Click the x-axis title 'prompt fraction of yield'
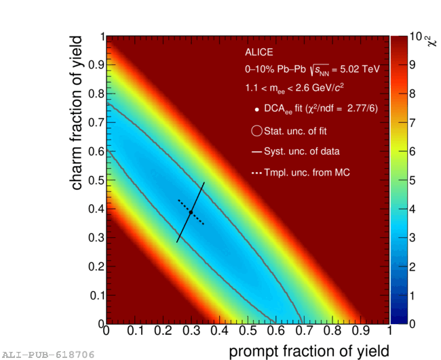[x=309, y=350]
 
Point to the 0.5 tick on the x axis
[x=247, y=332]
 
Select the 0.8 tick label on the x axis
[x=332, y=332]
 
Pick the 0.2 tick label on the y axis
[x=96, y=266]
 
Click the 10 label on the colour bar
[x=416, y=37]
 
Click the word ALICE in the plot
[x=258, y=52]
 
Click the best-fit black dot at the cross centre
[x=191, y=212]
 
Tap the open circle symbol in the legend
[x=256, y=131]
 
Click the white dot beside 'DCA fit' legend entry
[x=256, y=109]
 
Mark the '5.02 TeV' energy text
[x=360, y=69]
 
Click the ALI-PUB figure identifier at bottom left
[x=47, y=355]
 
